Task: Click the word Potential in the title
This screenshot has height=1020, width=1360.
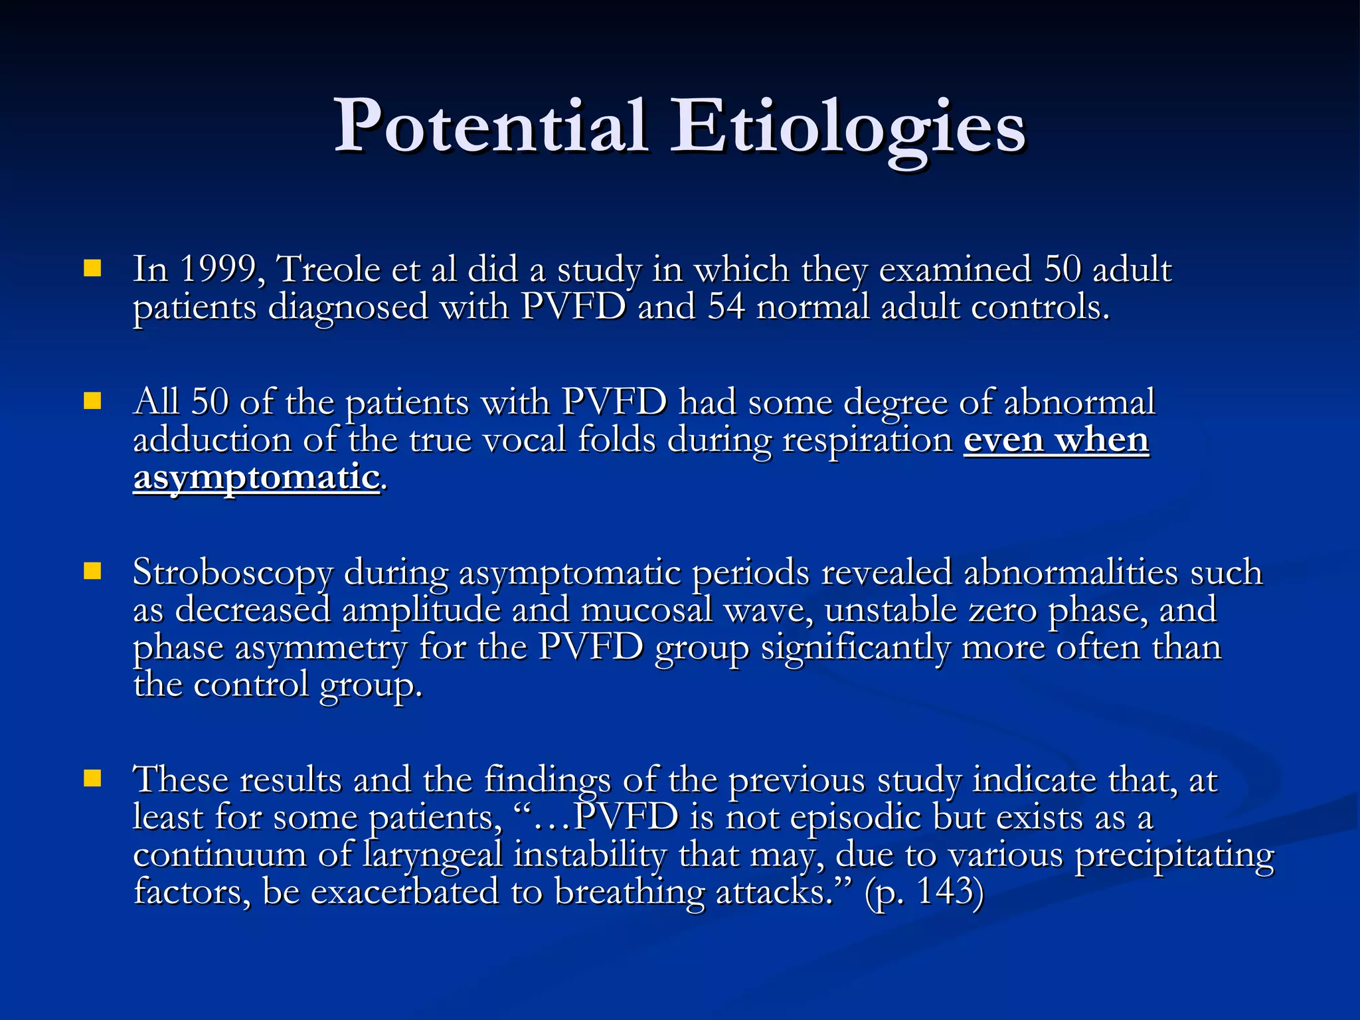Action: pos(490,126)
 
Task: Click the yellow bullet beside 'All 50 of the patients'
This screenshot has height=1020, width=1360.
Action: pos(92,401)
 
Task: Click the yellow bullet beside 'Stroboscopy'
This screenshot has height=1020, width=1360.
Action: pos(92,571)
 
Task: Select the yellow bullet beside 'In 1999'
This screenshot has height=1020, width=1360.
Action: pos(92,268)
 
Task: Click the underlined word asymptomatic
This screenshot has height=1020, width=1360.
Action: pos(256,477)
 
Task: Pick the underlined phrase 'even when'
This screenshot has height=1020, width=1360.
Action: pos(1056,440)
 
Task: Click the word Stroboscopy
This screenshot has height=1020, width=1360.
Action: pos(232,572)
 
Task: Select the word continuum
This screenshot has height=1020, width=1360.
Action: pos(219,854)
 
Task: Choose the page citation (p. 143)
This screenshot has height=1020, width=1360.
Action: pos(924,892)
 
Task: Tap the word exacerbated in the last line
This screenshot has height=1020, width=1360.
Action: pos(404,892)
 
